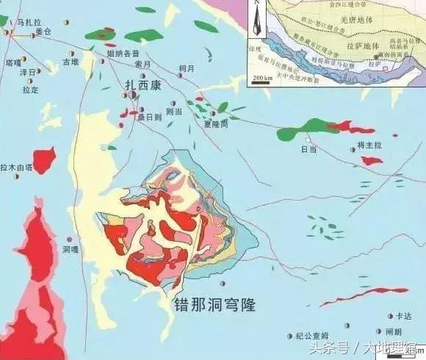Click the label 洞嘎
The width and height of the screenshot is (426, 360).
coord(70,249)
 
